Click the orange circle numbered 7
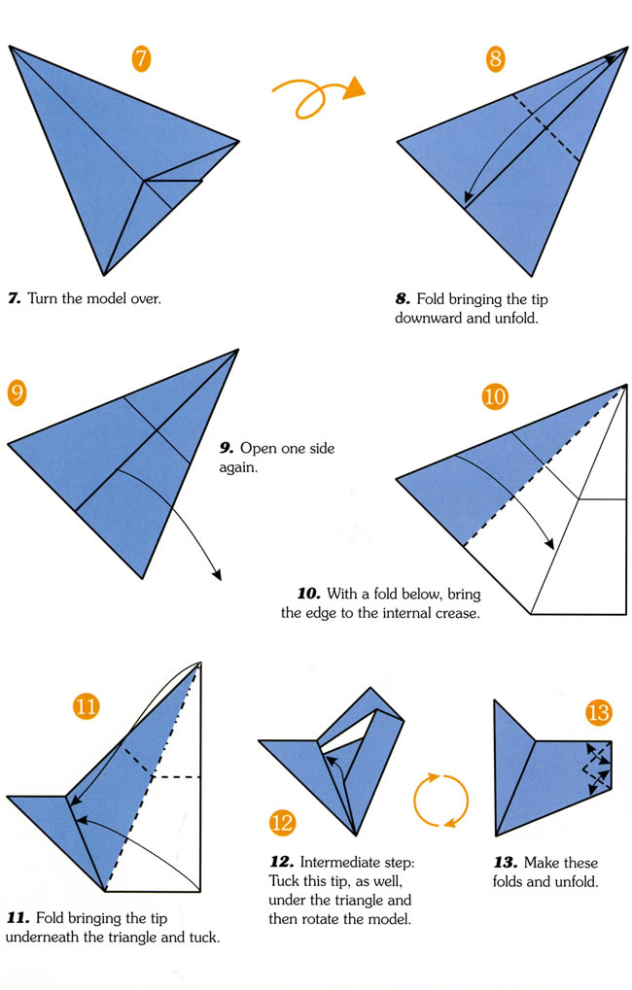point(141,58)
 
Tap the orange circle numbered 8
point(496,58)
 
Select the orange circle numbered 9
point(17,393)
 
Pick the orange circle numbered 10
point(495,396)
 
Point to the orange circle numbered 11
point(87,706)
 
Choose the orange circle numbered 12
point(282,823)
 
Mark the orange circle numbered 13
point(598,713)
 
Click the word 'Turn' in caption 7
point(43,298)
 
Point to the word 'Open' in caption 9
point(258,449)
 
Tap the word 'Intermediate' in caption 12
point(357,863)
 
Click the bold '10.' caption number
point(309,595)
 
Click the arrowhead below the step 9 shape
point(217,574)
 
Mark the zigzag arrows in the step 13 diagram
point(598,768)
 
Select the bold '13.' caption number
point(506,863)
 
